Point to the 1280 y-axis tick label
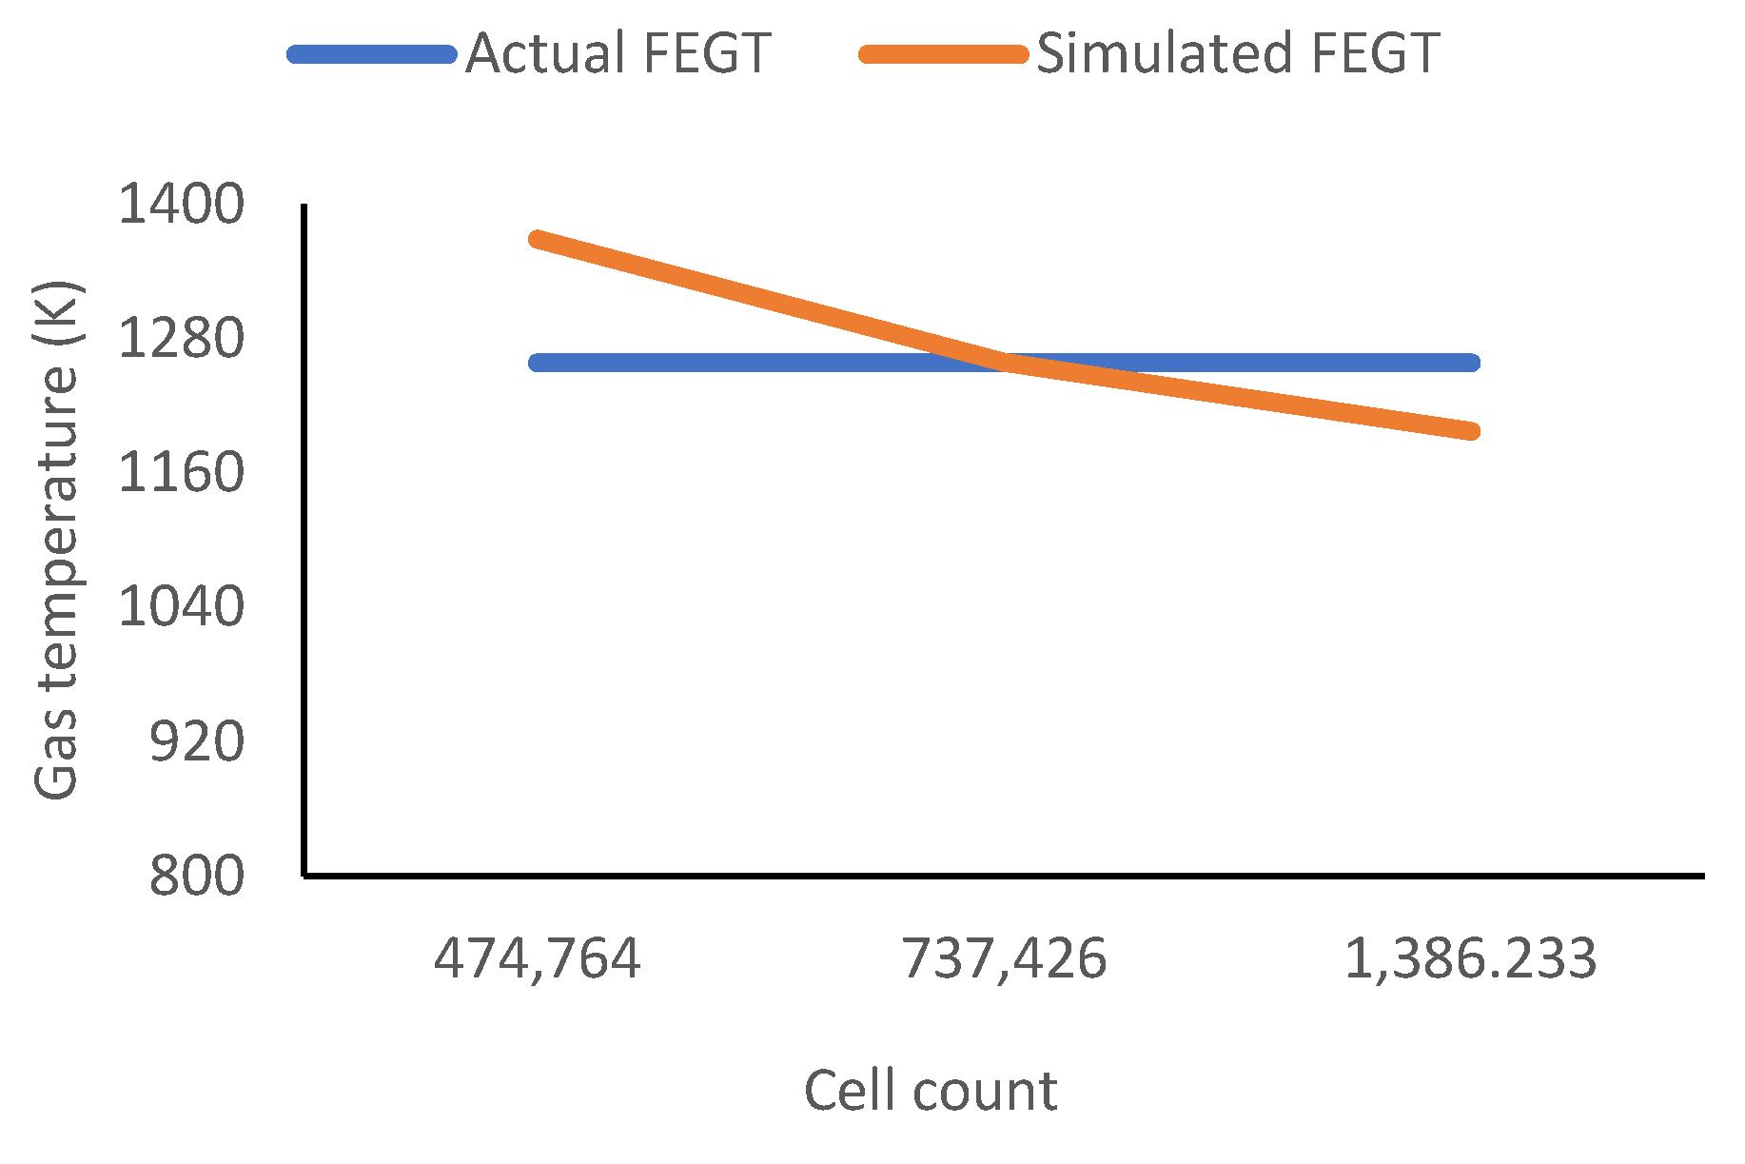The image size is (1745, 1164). tap(181, 338)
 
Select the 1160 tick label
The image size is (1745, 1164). tap(181, 472)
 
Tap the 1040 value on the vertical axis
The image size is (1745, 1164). tap(181, 606)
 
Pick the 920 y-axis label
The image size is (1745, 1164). tap(197, 741)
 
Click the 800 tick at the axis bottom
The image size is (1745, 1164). tap(197, 876)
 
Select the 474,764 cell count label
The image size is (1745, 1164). tap(538, 958)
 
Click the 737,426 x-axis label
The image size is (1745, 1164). tap(1004, 958)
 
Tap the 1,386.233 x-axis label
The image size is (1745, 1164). tap(1470, 958)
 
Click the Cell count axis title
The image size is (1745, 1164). tap(931, 1091)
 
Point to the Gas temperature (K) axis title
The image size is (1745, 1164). tap(57, 540)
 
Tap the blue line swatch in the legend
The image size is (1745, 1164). tap(372, 54)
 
